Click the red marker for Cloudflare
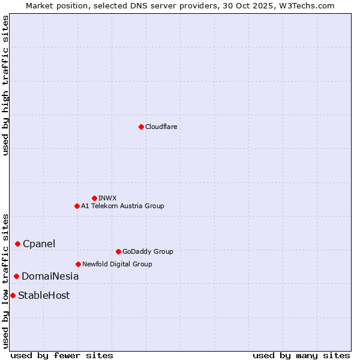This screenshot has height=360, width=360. [x=141, y=127]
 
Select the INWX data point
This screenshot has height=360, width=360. [x=94, y=198]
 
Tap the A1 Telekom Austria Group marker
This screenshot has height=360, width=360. [x=77, y=206]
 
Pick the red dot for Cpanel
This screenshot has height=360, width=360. [x=17, y=244]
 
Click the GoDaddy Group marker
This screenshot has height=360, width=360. [x=118, y=251]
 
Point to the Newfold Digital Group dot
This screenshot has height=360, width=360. [x=78, y=264]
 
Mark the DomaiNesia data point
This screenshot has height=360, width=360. [x=16, y=276]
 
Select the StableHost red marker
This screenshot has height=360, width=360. [x=13, y=295]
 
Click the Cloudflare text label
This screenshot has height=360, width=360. [x=161, y=127]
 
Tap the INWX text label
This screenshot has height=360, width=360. [x=107, y=198]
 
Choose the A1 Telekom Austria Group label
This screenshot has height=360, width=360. [x=122, y=206]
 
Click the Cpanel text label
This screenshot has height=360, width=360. [x=39, y=244]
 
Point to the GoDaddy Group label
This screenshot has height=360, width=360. [x=148, y=251]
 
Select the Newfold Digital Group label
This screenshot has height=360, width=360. [x=117, y=264]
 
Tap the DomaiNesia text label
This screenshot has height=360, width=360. [x=50, y=276]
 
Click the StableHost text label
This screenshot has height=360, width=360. [x=44, y=295]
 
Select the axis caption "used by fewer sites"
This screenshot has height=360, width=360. [x=62, y=355]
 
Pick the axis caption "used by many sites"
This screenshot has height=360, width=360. [x=301, y=355]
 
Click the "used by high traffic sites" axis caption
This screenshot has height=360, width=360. [x=5, y=85]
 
